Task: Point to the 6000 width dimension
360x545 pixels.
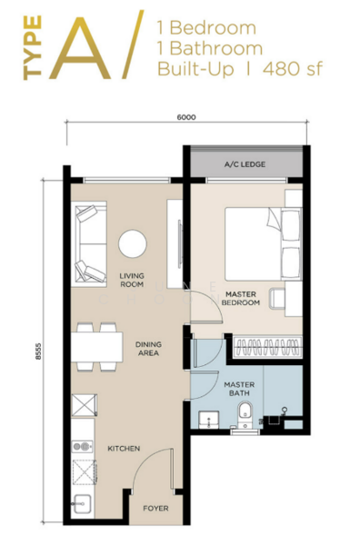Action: (186, 117)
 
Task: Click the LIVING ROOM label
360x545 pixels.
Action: (133, 279)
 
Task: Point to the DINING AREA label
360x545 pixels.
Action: (148, 349)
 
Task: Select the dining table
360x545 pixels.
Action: (98, 347)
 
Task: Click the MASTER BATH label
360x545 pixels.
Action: (239, 388)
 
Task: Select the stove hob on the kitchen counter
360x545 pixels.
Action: (83, 447)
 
